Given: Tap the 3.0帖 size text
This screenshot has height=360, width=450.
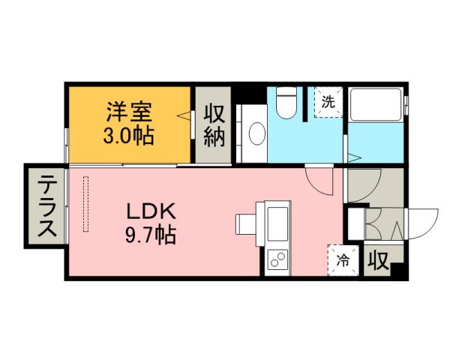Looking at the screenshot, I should (128, 136).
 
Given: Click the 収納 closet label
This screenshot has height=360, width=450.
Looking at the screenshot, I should (214, 127).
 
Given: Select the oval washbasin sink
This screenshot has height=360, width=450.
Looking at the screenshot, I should (256, 134).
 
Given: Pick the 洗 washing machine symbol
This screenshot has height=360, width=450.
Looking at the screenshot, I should (328, 103).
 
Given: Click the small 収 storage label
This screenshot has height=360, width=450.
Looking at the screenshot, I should (378, 262).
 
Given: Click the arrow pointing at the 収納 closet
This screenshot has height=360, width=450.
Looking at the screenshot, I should (183, 116).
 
